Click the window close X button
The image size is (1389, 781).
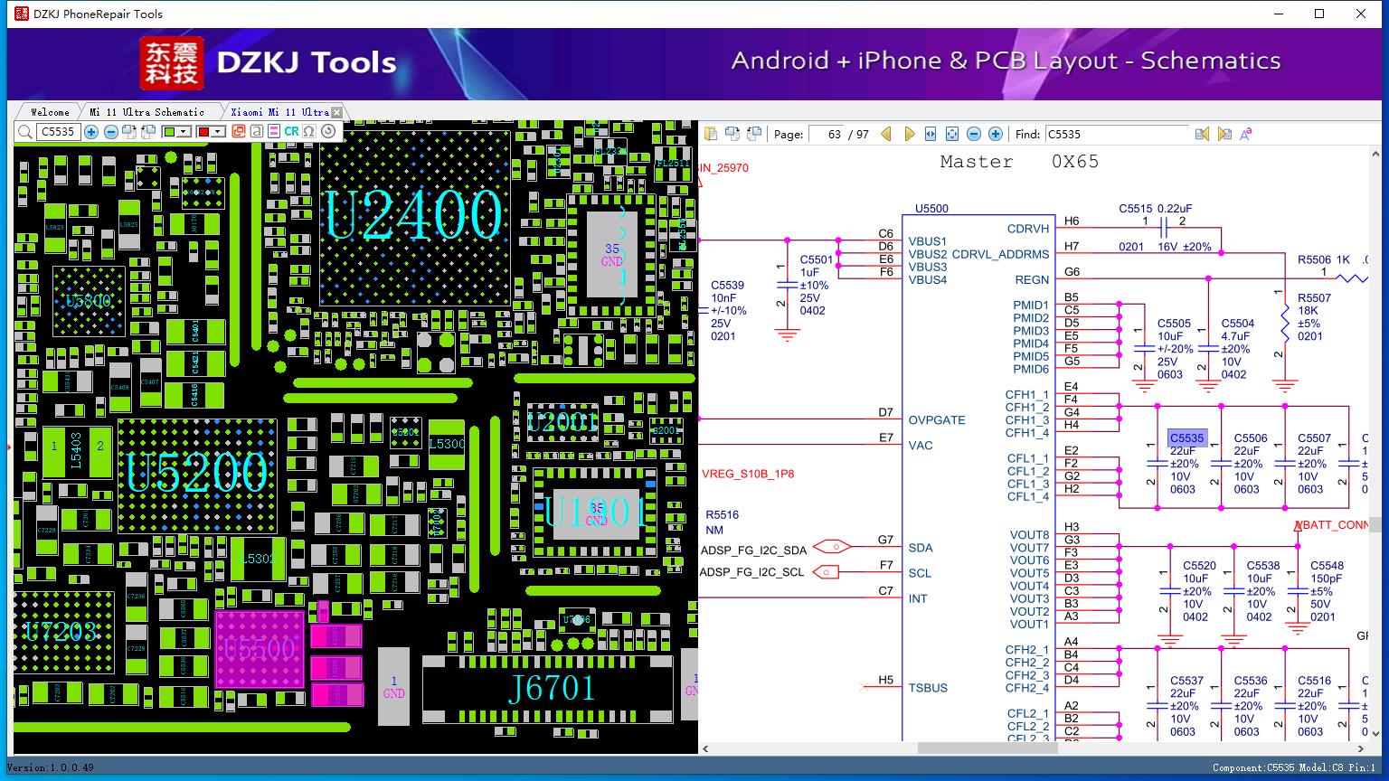tap(1361, 14)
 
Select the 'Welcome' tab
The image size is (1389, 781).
tap(50, 112)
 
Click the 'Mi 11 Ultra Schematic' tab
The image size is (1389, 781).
tap(146, 112)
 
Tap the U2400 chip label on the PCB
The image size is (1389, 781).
tap(413, 215)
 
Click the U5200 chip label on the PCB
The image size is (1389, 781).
tap(197, 472)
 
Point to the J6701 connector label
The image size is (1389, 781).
tap(551, 690)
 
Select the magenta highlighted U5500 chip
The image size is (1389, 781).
tap(260, 649)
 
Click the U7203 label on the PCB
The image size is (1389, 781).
tap(61, 631)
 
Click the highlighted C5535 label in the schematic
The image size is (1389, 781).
tap(1186, 438)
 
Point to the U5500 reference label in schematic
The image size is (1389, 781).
tap(931, 209)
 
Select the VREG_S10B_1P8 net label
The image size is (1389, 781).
tap(748, 474)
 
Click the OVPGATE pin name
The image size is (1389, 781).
tap(937, 420)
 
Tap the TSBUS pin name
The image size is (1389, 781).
tap(928, 688)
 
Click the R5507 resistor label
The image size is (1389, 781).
tap(1314, 297)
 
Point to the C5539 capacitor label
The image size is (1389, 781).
tap(727, 286)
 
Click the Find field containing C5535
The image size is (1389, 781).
tap(1116, 134)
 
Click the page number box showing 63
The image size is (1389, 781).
tap(827, 134)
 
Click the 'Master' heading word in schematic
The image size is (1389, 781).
tap(977, 162)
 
